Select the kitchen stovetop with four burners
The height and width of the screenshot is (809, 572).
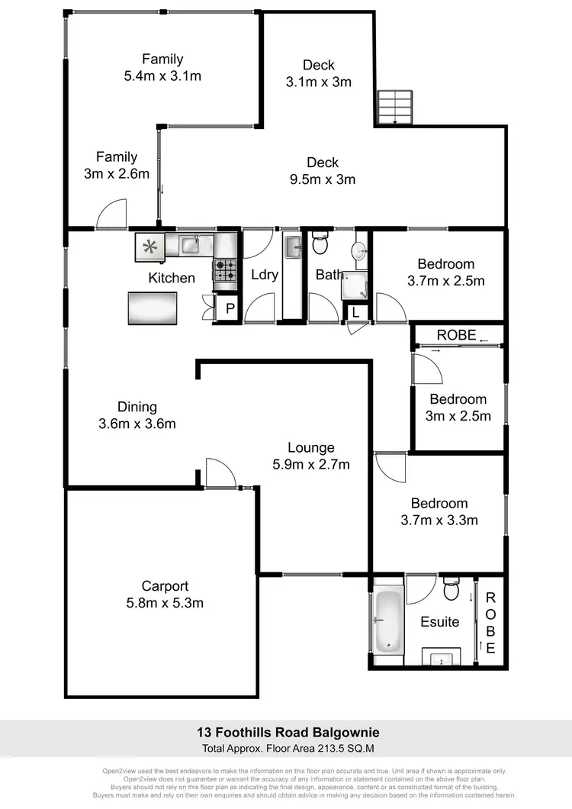[x=224, y=270]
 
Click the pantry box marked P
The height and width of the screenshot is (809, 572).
[x=229, y=308]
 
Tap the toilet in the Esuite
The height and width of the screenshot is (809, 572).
[x=451, y=590]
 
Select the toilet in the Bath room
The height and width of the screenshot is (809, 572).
[x=320, y=245]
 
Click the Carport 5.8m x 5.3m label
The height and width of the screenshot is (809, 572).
[x=165, y=595]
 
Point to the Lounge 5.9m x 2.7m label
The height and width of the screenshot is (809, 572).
[x=310, y=456]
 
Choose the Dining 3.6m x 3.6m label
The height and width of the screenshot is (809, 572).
[x=137, y=414]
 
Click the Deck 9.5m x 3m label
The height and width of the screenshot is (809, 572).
[x=323, y=171]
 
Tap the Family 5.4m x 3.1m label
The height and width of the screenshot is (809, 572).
[x=162, y=67]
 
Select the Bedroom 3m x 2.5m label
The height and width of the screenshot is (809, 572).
[x=458, y=407]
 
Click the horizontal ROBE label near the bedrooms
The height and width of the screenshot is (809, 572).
[x=456, y=335]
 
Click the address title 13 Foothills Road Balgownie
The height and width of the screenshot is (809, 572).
[x=285, y=733]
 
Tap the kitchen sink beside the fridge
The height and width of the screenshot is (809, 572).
[x=190, y=245]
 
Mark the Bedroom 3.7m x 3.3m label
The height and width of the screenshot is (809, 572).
[x=439, y=512]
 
